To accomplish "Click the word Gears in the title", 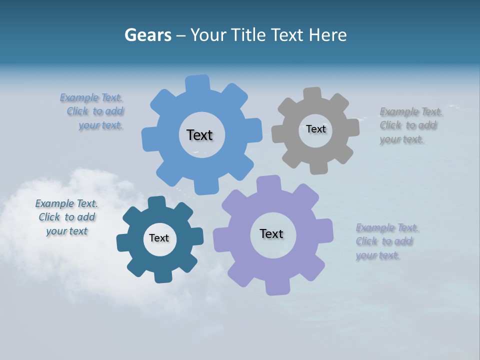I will tap(147, 35).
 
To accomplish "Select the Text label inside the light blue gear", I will tap(199, 135).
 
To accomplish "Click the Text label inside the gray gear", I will tap(315, 129).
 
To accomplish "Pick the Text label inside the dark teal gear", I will tap(159, 238).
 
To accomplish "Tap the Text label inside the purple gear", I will tap(271, 233).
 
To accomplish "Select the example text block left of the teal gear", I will tap(67, 217).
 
